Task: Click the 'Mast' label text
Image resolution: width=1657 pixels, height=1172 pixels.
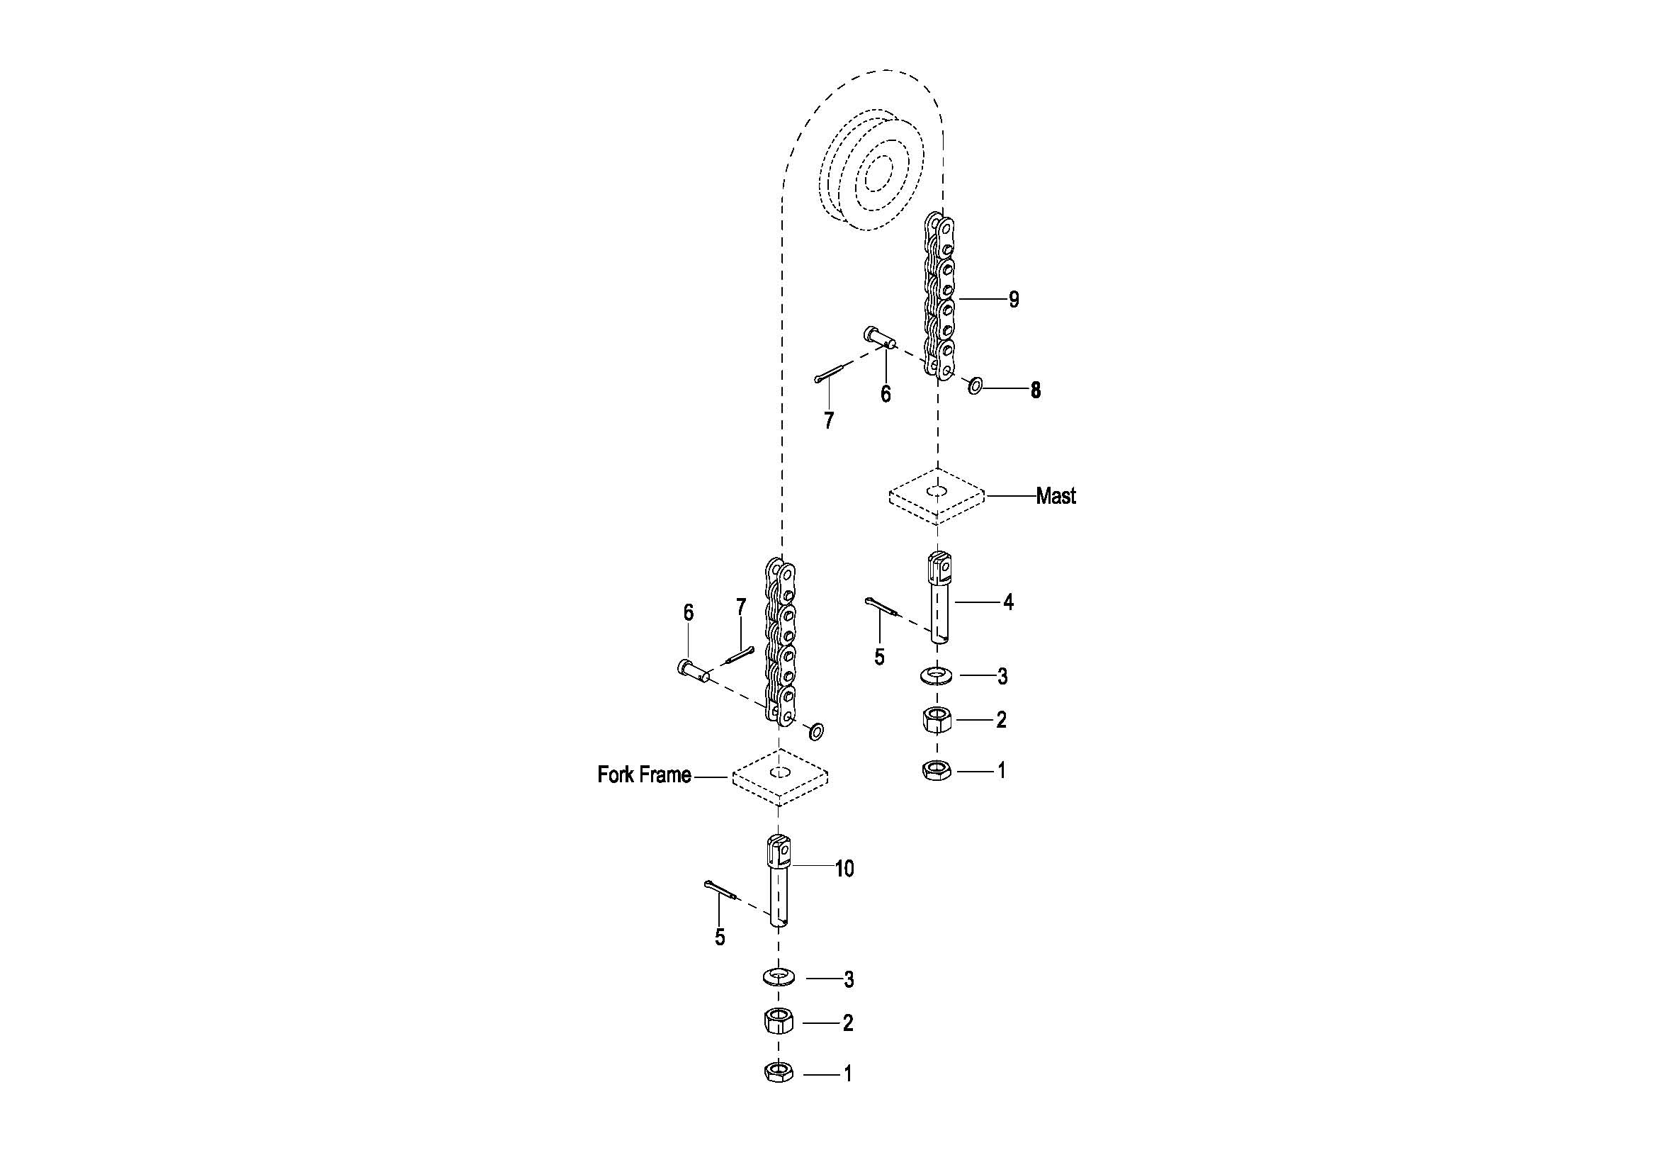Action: [1055, 496]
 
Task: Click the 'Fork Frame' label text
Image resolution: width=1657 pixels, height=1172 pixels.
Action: [644, 775]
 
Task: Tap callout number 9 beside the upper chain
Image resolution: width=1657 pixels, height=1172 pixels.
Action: [1014, 300]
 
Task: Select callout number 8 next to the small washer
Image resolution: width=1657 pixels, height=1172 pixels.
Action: [1036, 390]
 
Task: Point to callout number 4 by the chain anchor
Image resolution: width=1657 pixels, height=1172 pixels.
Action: [1008, 602]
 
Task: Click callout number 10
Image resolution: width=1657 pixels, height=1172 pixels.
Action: [844, 869]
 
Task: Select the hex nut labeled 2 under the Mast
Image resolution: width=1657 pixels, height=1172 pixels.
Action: [937, 719]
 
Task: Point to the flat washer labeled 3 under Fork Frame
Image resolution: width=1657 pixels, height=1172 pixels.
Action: [778, 978]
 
